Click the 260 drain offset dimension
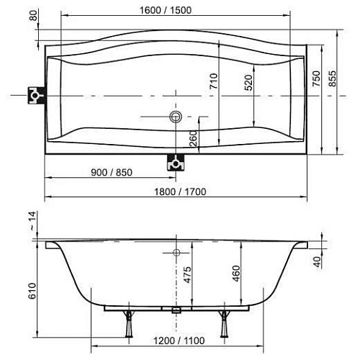click(x=194, y=138)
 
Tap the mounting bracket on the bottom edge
click(x=174, y=162)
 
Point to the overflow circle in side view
click(x=176, y=252)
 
